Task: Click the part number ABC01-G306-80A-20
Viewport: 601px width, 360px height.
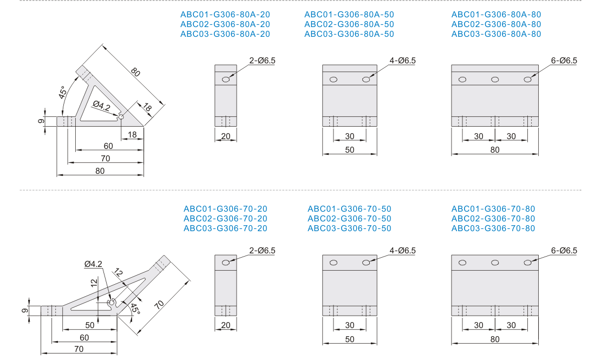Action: [x=225, y=15]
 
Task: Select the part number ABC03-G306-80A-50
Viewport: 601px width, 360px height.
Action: [x=349, y=34]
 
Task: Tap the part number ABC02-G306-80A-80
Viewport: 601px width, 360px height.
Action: [x=496, y=24]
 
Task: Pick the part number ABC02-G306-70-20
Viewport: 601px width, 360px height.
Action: [x=225, y=219]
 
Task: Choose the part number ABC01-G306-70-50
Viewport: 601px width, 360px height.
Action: [x=349, y=209]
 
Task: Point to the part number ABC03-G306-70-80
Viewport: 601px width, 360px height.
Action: [x=493, y=228]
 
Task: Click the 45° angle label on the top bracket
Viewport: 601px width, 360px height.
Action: [x=62, y=93]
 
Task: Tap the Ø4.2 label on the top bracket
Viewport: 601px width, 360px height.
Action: [x=101, y=106]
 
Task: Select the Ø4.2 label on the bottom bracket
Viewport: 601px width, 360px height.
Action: [x=93, y=264]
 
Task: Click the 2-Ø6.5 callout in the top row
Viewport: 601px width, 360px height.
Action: [x=262, y=61]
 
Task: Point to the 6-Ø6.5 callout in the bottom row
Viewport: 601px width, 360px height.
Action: [x=564, y=251]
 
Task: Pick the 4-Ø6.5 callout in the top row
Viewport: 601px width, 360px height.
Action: [x=402, y=61]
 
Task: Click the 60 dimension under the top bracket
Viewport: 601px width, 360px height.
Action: [x=108, y=146]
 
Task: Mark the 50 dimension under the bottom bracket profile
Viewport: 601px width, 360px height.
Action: [x=90, y=325]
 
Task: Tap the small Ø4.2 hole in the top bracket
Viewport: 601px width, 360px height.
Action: [x=121, y=117]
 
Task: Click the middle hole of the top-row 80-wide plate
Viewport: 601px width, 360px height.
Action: [x=495, y=80]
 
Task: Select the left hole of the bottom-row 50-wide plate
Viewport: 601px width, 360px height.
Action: [x=334, y=263]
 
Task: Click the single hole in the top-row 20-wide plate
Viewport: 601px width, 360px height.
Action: [x=226, y=80]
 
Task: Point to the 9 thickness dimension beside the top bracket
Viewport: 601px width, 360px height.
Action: [x=41, y=121]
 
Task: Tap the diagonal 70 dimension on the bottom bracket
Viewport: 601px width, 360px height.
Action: [x=159, y=305]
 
